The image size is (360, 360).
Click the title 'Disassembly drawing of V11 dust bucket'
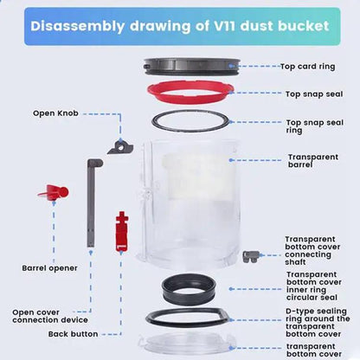pyautogui.click(x=179, y=26)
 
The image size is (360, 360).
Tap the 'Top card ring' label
pyautogui.click(x=308, y=66)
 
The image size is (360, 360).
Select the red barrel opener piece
pyautogui.click(x=52, y=192)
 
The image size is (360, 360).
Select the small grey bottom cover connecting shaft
pyautogui.click(x=251, y=256)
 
